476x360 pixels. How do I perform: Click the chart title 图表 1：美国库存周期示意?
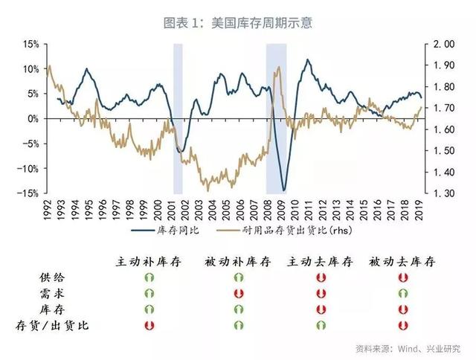coord(237,23)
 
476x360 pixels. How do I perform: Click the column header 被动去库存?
coord(402,262)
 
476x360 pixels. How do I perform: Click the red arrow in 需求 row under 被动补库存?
coord(239,293)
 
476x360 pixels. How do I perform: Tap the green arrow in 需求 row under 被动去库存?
coord(402,293)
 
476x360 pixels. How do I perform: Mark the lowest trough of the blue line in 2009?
coord(283,190)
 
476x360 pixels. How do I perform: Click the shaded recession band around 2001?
coord(178,119)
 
